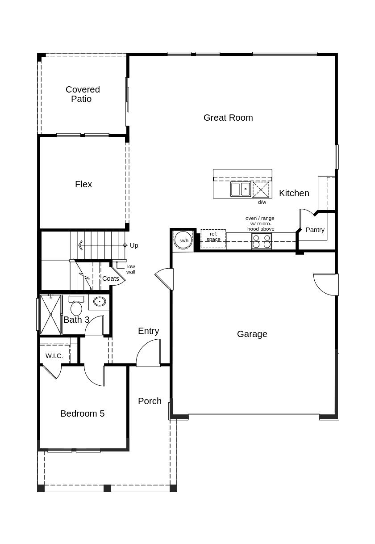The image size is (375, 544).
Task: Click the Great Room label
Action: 228,118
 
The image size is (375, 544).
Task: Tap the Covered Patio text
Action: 83,94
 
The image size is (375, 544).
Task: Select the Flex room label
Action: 83,184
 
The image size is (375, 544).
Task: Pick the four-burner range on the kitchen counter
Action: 262,241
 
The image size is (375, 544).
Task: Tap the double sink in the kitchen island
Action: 241,189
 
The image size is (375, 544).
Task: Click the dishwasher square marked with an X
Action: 261,190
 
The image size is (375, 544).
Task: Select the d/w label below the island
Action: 262,202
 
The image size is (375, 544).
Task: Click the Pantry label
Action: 315,230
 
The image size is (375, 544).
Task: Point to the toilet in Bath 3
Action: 76,307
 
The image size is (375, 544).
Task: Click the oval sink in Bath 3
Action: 99,302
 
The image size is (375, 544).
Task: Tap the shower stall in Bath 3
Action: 51,314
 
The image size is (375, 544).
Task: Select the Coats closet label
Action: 111,278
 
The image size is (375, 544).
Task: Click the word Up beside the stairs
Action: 134,245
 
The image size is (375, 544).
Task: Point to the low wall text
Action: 131,269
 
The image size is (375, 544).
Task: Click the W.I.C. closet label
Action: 54,356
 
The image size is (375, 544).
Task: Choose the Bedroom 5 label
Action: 83,413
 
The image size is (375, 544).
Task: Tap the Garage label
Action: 252,334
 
